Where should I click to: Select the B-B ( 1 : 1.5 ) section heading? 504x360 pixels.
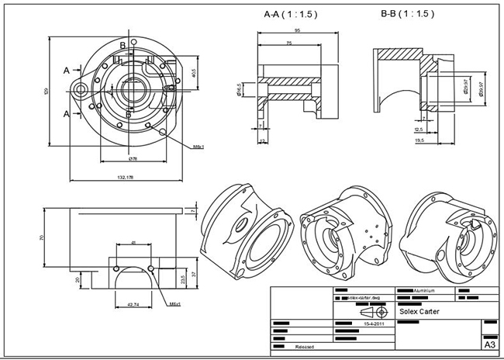pos(407,14)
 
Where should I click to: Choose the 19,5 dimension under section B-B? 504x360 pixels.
pos(419,140)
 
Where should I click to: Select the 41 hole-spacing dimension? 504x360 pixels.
pos(133,244)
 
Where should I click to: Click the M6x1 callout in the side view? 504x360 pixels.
pos(174,303)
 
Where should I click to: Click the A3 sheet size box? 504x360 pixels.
pos(489,344)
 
